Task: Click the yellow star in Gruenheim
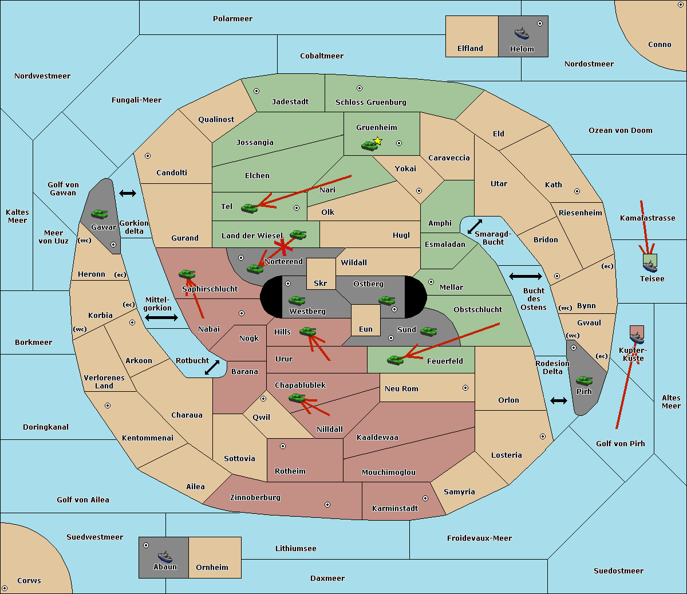(378, 141)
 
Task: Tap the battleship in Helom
(522, 34)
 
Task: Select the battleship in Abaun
(165, 556)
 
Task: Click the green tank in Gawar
(100, 214)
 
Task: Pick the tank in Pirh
(584, 380)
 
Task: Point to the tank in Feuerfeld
(395, 360)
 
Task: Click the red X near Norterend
(283, 246)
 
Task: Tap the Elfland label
(470, 49)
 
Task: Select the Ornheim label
(212, 568)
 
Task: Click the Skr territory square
(321, 274)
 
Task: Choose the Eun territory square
(366, 320)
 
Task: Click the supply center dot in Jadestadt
(256, 91)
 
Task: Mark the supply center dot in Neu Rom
(465, 388)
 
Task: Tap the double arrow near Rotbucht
(212, 367)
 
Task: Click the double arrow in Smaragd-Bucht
(475, 226)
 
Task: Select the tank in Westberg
(297, 301)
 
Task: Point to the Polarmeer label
(232, 19)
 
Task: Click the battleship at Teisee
(650, 266)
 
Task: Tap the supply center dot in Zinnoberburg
(327, 505)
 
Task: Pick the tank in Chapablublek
(297, 398)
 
